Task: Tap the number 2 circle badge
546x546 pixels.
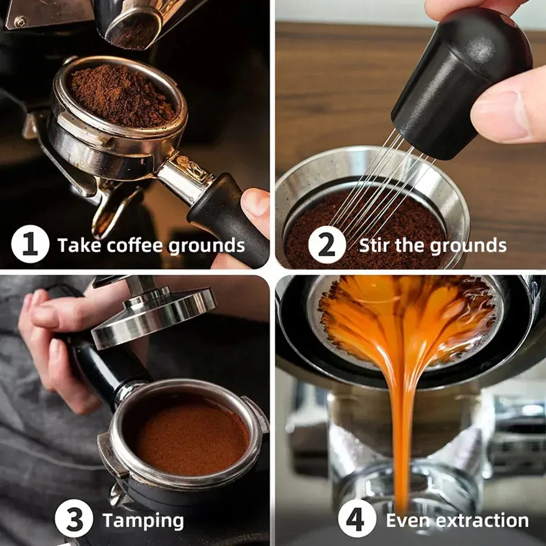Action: [x=327, y=245]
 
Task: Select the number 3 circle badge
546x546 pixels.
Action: [x=74, y=518]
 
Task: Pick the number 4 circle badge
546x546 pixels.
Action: [x=357, y=518]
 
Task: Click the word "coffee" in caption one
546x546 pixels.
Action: [x=135, y=245]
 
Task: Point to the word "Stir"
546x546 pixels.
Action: [x=374, y=245]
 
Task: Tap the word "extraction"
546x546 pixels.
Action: [x=482, y=521]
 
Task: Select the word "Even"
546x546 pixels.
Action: [x=408, y=521]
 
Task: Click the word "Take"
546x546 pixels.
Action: [x=80, y=245]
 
